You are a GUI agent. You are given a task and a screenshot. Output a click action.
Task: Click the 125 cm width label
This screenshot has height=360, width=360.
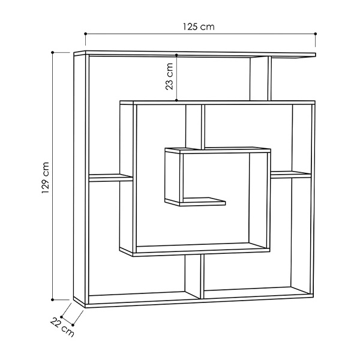[x=199, y=27]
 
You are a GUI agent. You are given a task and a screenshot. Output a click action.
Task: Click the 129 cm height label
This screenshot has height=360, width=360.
[x=46, y=178]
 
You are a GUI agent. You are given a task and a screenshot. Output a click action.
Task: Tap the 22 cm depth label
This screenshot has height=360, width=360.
[x=62, y=327]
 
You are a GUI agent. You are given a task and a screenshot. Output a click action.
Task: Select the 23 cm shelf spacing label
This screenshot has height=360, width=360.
[x=169, y=76]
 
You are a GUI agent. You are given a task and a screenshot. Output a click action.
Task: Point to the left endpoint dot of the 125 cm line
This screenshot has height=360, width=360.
[x=86, y=34]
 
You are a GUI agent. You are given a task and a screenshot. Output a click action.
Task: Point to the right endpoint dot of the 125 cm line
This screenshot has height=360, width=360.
[x=316, y=34]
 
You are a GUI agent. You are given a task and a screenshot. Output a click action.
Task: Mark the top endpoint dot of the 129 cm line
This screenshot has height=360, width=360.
[x=53, y=53]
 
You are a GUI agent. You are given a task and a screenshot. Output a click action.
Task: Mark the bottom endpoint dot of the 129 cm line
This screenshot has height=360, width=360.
[x=53, y=299]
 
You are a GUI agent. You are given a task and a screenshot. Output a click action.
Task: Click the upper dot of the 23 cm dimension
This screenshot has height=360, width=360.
[x=176, y=55]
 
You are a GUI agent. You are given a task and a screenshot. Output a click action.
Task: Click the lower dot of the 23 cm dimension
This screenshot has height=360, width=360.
[x=176, y=100]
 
